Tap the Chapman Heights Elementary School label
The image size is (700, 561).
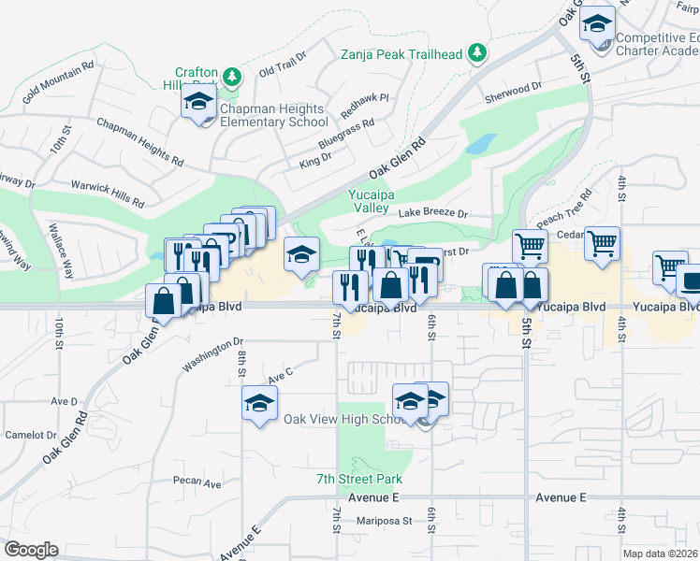[x=273, y=115]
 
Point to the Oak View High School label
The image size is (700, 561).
[x=343, y=419]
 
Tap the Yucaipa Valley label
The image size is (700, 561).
[x=374, y=201]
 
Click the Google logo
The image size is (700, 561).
[x=30, y=550]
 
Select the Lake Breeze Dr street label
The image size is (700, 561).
[x=432, y=213]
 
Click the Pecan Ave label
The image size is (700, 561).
[x=197, y=483]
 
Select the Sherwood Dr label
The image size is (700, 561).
[x=513, y=86]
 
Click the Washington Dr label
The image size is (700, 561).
[x=212, y=354]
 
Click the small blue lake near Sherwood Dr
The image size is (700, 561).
[x=481, y=144]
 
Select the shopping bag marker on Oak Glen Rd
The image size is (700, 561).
[x=164, y=301]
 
